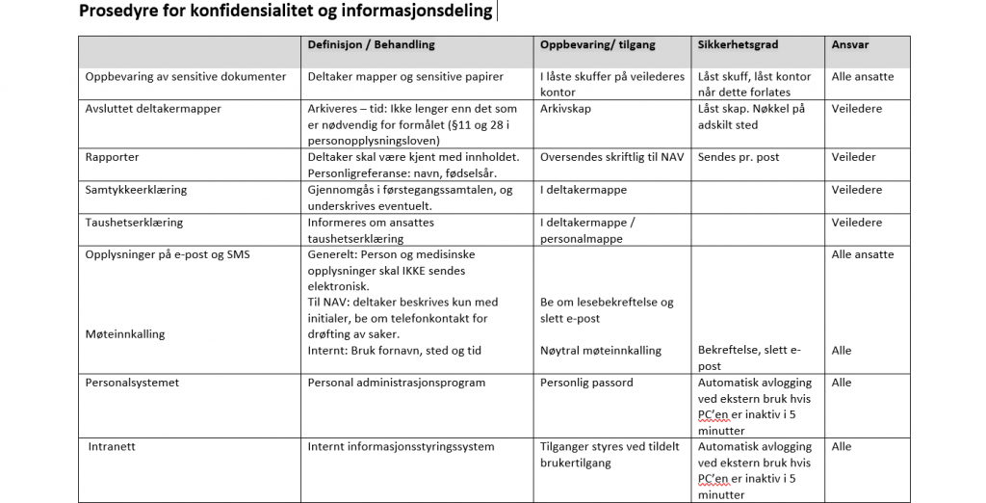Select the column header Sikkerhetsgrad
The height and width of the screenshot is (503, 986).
point(738,45)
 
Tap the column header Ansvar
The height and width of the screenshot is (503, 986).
point(848,45)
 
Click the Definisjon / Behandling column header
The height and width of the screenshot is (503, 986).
point(371,45)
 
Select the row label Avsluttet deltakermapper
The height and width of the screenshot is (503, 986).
point(153,109)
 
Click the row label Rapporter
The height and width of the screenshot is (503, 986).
point(113,157)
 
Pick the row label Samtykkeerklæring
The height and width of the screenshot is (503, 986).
point(136,190)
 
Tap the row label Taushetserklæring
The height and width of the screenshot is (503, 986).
point(134,223)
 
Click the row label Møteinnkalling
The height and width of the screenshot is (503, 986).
point(125,334)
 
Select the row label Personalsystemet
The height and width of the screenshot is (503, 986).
point(132,383)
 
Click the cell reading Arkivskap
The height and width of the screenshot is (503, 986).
point(566,109)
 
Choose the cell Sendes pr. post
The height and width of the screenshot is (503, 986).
point(739,157)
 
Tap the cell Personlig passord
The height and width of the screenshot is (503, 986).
point(586,383)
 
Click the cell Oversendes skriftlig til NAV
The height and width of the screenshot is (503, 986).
point(611,157)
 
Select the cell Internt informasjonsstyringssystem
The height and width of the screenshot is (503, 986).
point(401,447)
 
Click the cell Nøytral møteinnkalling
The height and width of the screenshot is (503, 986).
point(601,351)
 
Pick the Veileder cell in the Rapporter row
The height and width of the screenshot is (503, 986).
point(854,157)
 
